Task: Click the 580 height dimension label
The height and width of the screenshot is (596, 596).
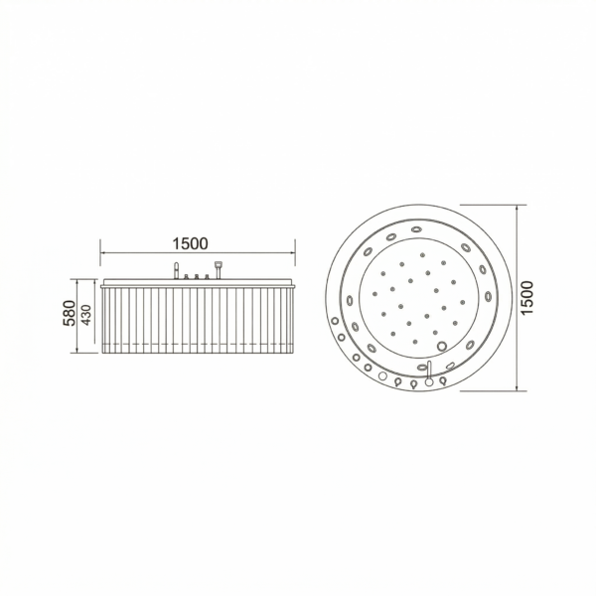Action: click(70, 313)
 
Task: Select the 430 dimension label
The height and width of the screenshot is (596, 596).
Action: click(86, 315)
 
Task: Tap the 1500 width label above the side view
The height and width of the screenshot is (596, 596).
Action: click(190, 243)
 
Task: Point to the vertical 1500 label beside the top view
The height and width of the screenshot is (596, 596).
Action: click(526, 297)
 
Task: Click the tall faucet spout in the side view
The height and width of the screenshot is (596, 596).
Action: click(176, 270)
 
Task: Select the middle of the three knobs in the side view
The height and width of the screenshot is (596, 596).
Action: click(197, 277)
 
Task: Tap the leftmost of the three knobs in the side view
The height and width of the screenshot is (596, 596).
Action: click(187, 277)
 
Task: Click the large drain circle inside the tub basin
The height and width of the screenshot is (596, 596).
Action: click(442, 346)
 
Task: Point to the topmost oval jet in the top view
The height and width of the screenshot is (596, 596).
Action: click(416, 229)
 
